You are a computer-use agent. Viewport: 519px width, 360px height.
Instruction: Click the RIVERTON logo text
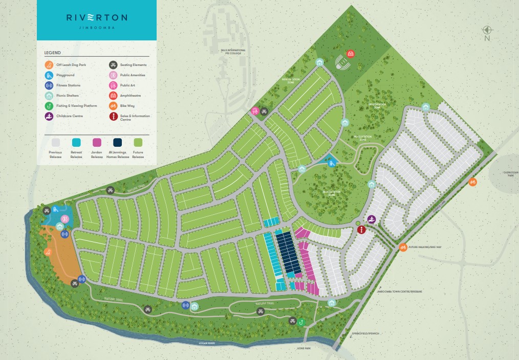point(96,17)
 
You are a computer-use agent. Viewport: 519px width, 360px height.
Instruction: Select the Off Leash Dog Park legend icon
point(49,65)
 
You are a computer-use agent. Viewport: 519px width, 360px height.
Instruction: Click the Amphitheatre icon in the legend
point(112,96)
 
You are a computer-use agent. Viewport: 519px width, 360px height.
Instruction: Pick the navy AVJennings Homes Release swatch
point(117,142)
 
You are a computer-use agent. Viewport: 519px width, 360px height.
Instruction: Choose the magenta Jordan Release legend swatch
point(97,142)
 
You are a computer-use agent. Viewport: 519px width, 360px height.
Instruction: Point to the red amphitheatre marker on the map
point(351,53)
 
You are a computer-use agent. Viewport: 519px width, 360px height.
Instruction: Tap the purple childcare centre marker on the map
point(372,219)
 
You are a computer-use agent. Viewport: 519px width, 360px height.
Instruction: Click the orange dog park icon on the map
point(48,252)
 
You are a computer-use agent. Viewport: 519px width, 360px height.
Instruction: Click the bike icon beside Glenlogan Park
point(473,182)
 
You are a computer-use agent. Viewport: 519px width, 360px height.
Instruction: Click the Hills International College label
point(233,51)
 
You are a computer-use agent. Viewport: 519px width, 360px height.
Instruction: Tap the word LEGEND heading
point(52,53)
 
